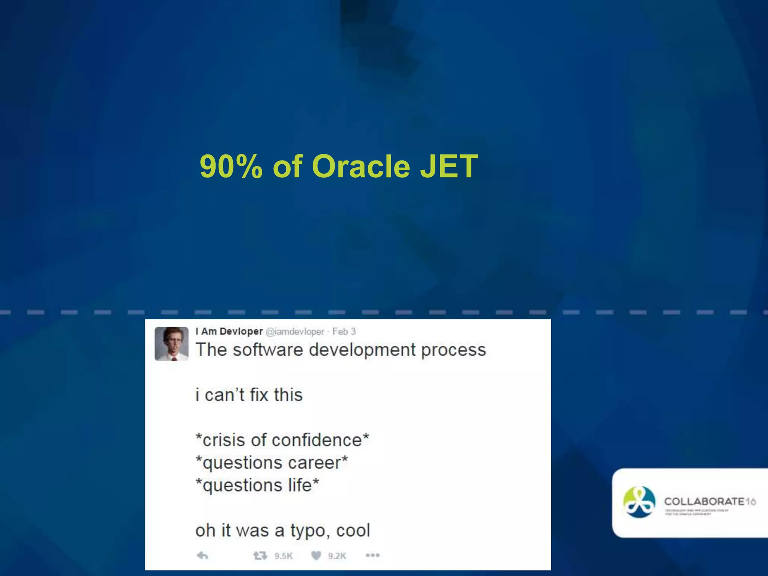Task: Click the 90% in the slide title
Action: (231, 166)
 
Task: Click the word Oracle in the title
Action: (361, 166)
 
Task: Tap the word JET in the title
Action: (448, 166)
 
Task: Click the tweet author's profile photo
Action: (171, 343)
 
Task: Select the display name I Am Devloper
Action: (229, 331)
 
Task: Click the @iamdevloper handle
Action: (295, 331)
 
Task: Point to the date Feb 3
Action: (344, 331)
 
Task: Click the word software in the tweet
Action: (267, 350)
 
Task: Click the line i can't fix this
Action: (249, 395)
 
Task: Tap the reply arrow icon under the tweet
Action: (202, 555)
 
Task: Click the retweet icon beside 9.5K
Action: (260, 555)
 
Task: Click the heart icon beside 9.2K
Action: (316, 555)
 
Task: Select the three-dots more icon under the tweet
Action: (372, 555)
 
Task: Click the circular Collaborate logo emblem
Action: (639, 502)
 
